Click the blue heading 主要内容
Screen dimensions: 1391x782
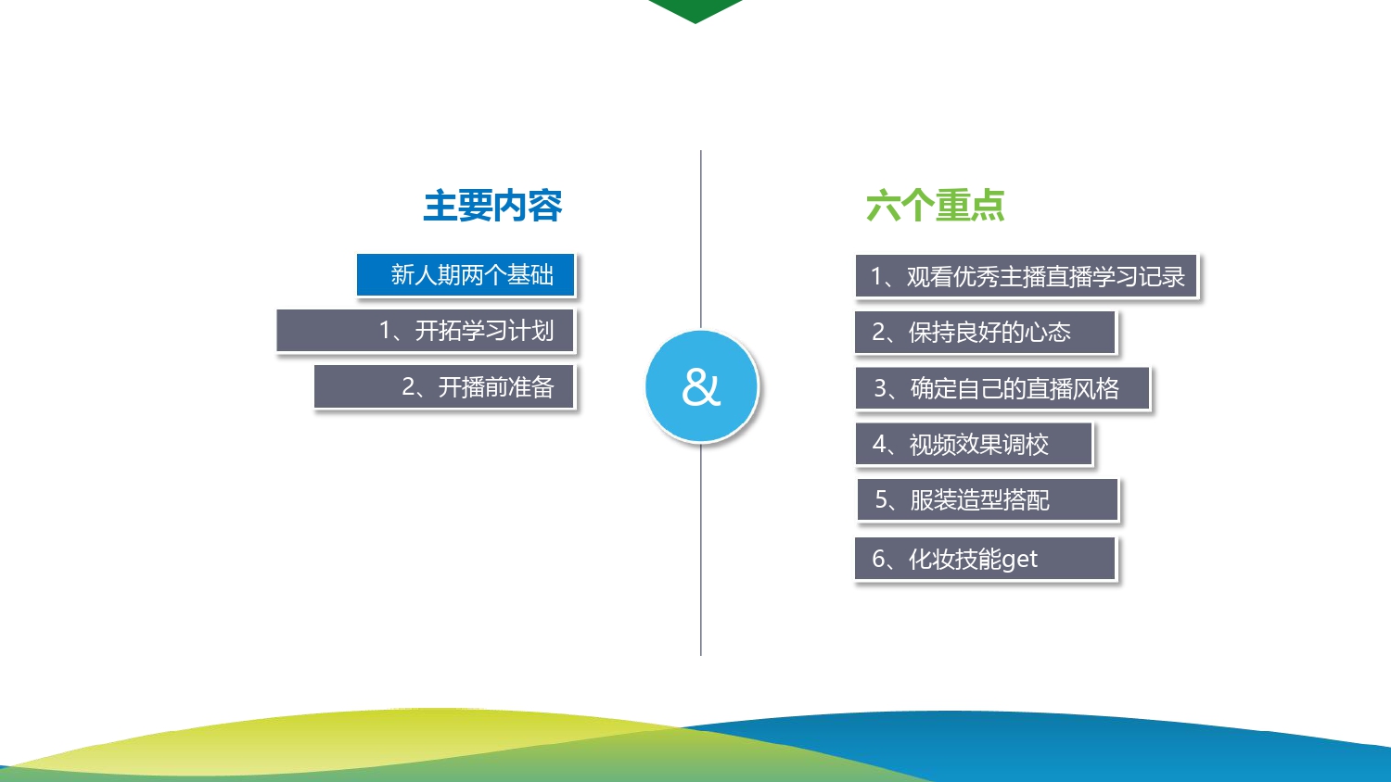492,206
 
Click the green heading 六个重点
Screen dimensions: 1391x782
935,206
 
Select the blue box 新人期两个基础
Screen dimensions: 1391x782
466,274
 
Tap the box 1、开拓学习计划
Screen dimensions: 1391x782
425,330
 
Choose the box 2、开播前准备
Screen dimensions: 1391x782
443,386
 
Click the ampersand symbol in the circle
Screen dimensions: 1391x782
701,387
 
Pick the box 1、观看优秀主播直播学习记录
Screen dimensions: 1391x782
1026,275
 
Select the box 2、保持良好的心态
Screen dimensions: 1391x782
985,332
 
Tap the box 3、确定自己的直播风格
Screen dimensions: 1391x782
1002,388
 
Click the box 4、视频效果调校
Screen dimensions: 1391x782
973,444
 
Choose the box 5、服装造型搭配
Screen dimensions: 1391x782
988,499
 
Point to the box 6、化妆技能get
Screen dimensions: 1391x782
985,559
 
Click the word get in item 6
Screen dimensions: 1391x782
1019,561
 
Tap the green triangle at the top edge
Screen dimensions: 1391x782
695,8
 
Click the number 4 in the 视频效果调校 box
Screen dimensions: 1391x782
879,444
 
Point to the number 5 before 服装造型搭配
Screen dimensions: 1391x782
882,499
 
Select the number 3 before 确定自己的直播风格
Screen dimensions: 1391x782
881,388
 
